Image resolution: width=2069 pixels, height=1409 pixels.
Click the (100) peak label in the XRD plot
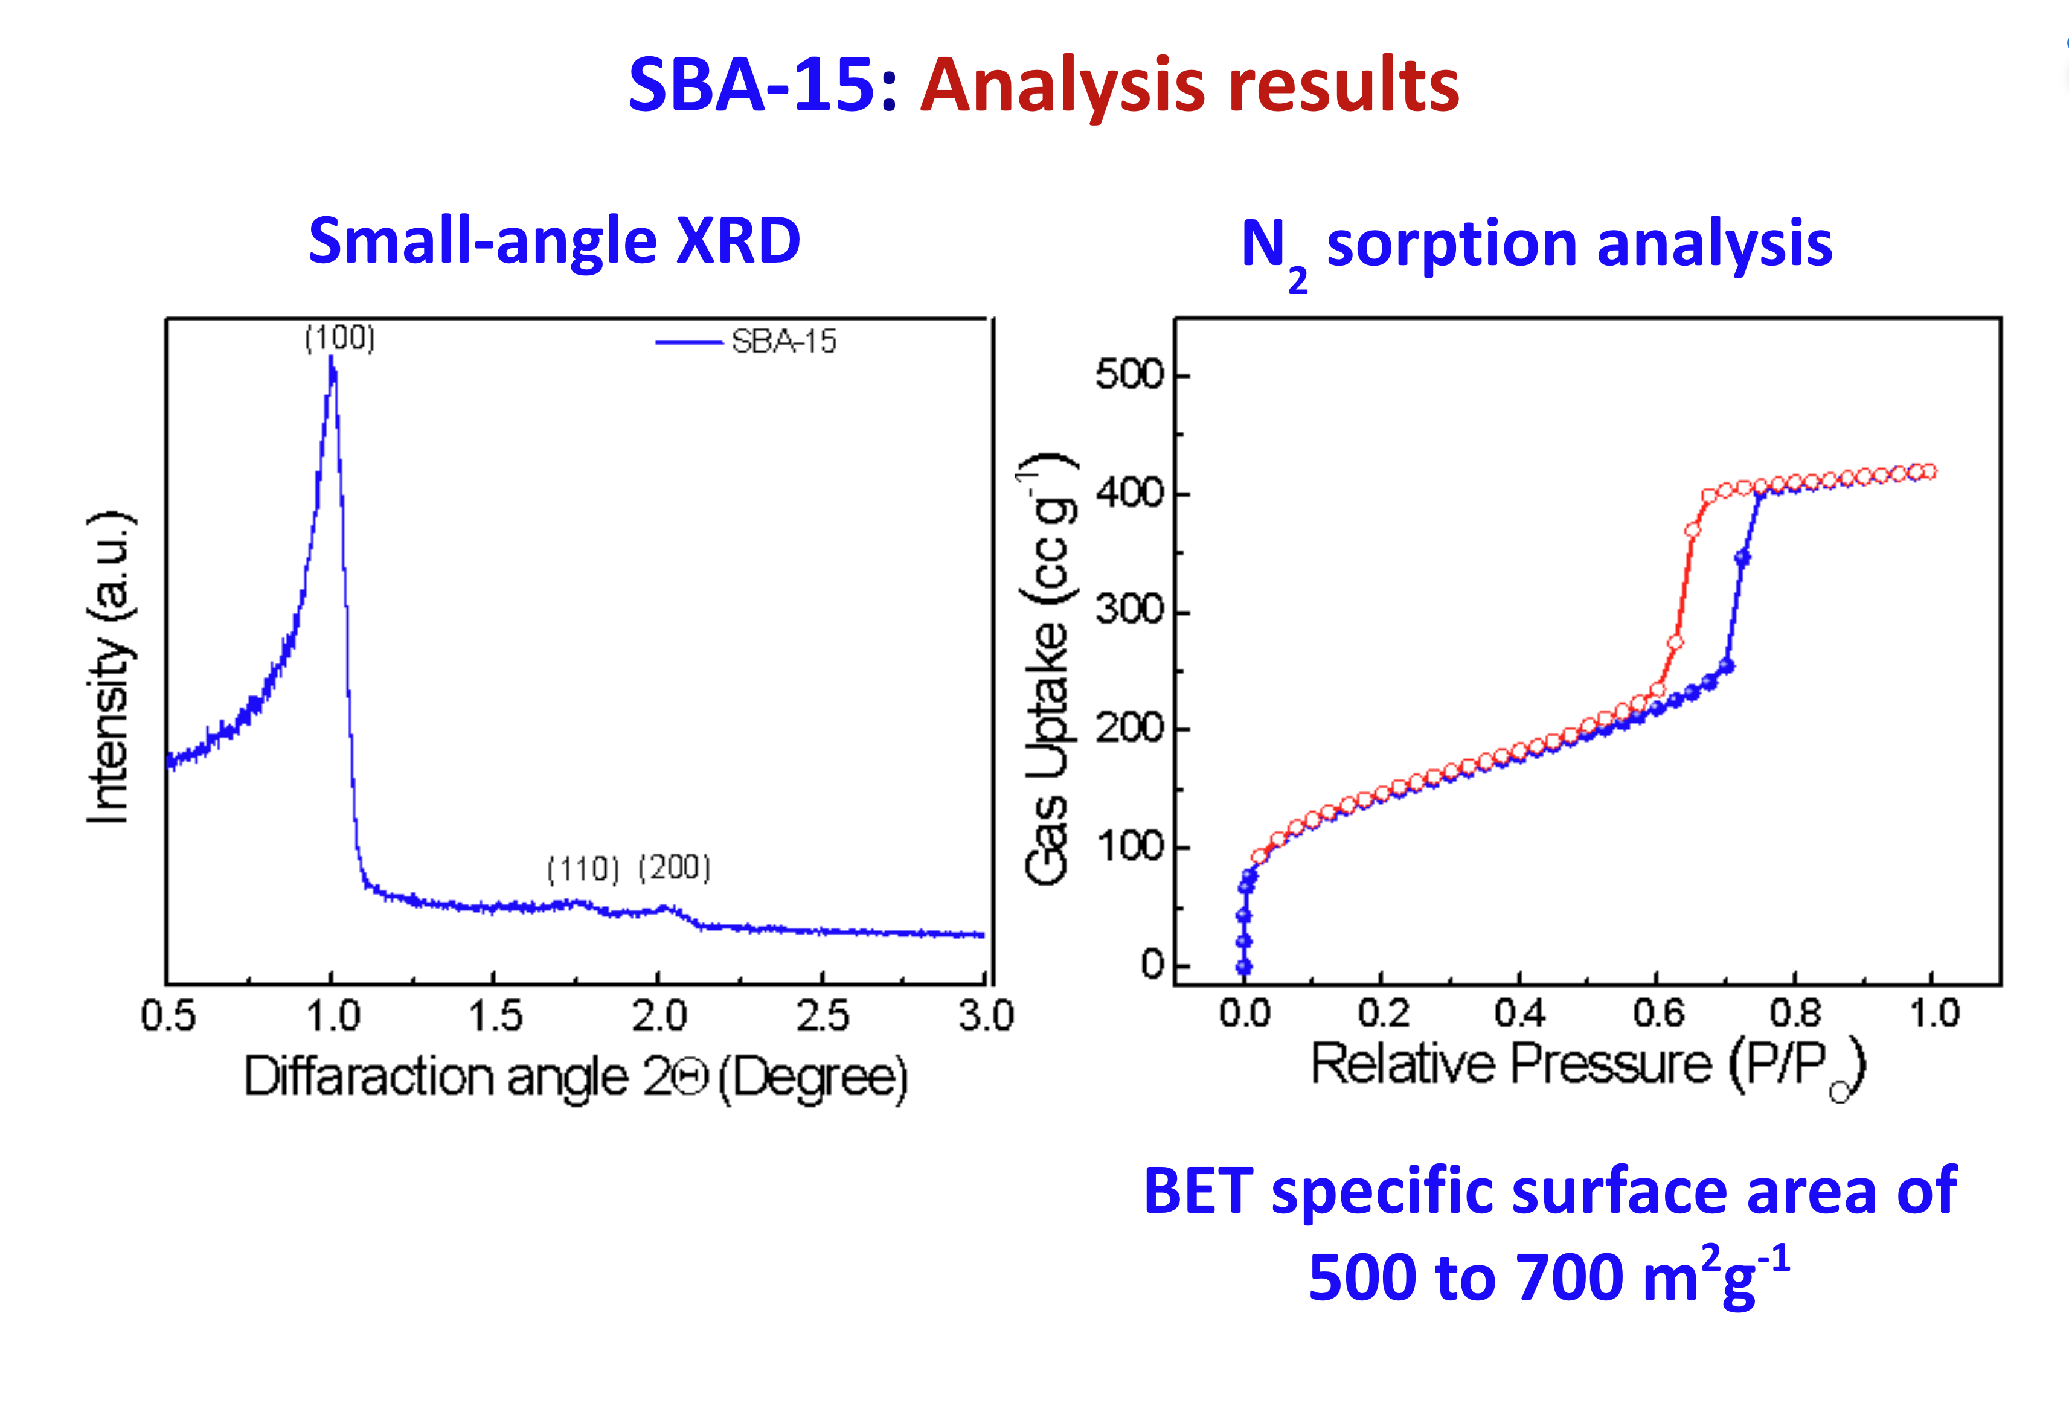[x=339, y=337]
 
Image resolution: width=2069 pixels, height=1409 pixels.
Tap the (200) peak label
[x=675, y=866]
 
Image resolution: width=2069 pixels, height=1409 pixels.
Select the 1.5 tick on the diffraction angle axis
[x=495, y=1015]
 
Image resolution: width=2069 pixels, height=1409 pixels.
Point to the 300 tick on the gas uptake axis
[x=1129, y=610]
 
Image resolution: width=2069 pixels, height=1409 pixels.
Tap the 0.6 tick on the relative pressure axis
[x=1658, y=1013]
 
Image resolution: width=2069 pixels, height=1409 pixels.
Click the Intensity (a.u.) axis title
[x=109, y=668]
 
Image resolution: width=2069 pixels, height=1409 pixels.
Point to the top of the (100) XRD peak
[x=331, y=359]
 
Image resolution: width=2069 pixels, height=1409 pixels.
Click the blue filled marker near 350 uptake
[x=1742, y=558]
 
